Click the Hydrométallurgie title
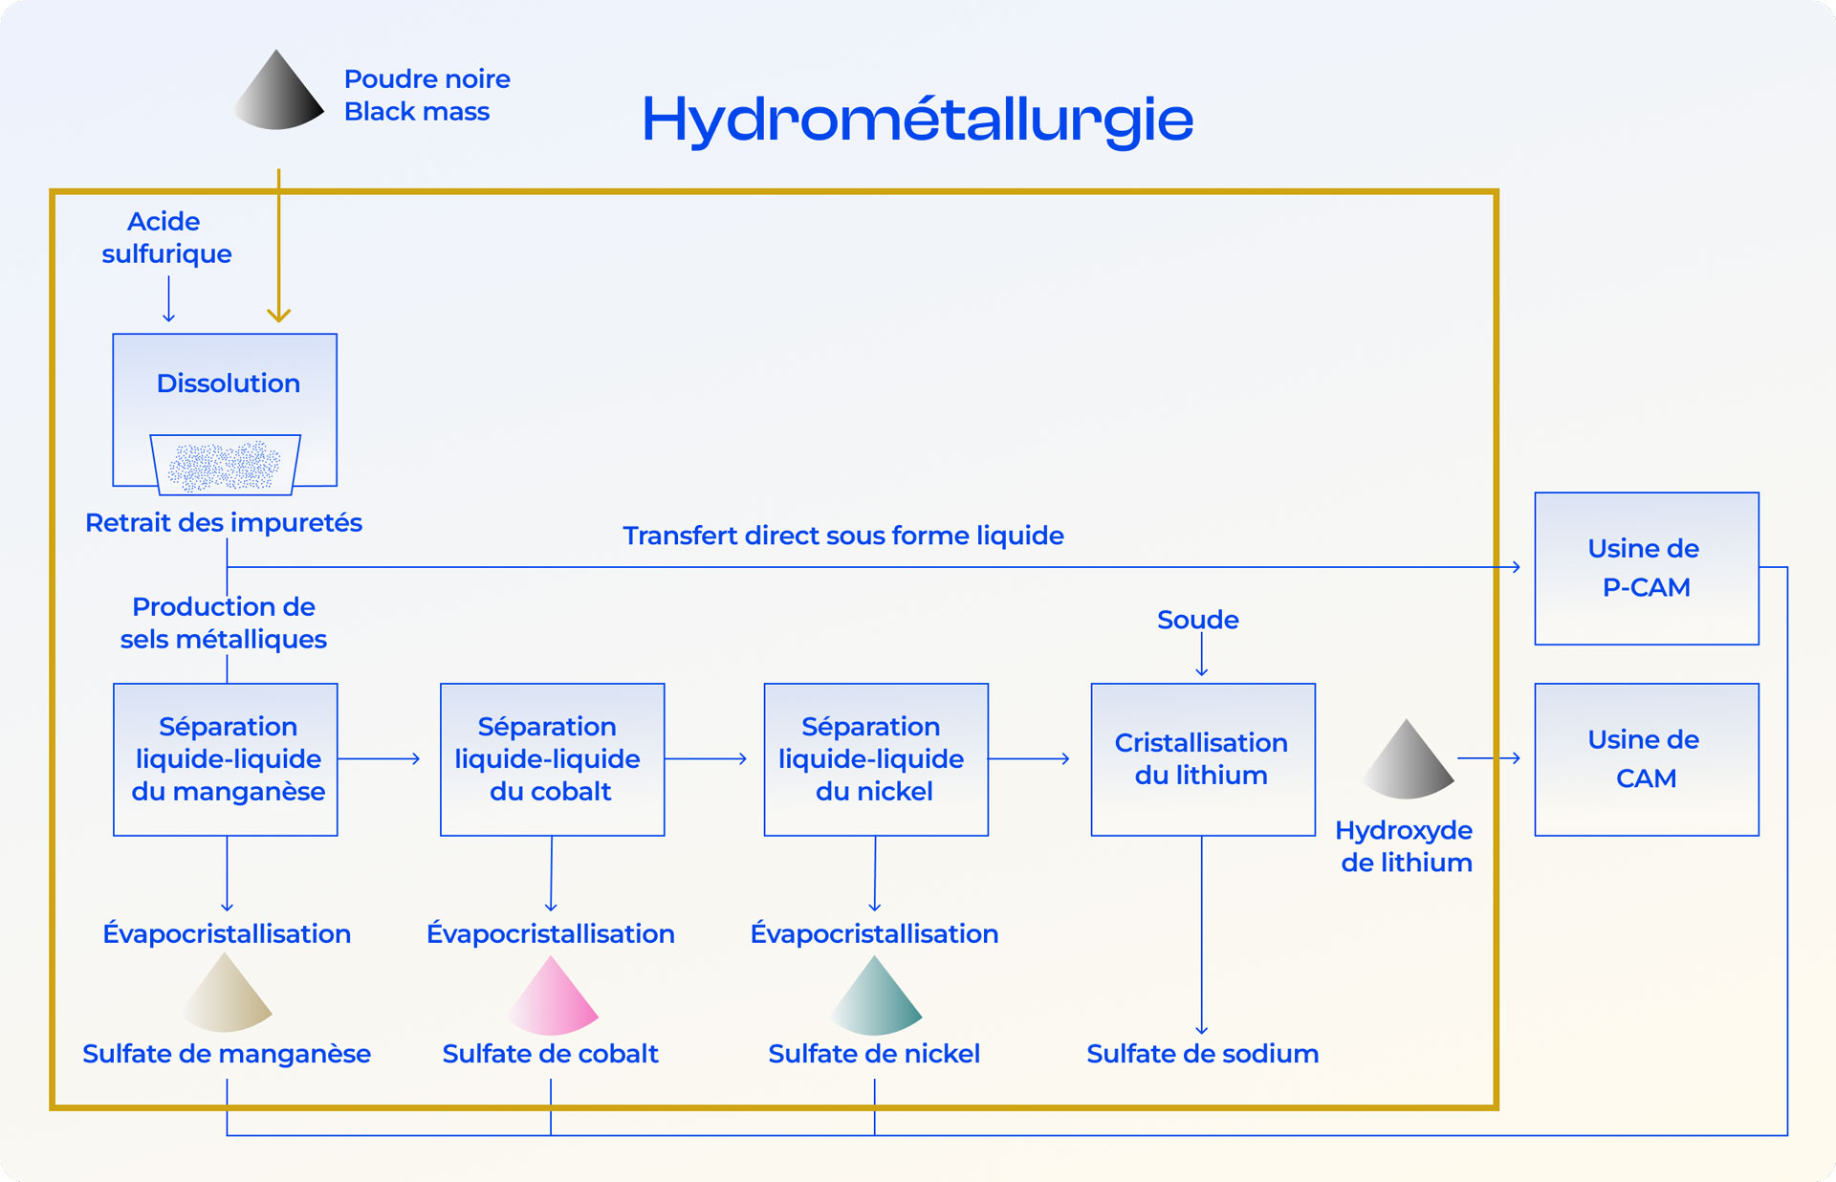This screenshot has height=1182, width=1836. tap(917, 120)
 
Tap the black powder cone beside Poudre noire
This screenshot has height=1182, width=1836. tap(278, 93)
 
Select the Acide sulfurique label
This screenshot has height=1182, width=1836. tap(166, 237)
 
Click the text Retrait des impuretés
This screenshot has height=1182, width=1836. tap(224, 523)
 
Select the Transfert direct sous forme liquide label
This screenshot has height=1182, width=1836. tap(842, 536)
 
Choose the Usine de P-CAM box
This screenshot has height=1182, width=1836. tap(1646, 568)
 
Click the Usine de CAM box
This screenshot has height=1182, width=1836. tap(1646, 759)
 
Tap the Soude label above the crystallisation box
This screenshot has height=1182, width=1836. tap(1197, 620)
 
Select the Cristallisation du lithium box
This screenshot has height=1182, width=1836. tap(1202, 759)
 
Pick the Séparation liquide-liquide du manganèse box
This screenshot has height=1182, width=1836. tap(226, 759)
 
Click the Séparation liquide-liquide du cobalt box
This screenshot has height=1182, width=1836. tap(552, 759)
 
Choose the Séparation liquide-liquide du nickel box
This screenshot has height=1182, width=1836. tap(875, 759)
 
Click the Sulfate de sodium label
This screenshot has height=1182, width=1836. tap(1202, 1054)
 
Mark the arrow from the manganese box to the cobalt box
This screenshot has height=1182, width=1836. tap(380, 758)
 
